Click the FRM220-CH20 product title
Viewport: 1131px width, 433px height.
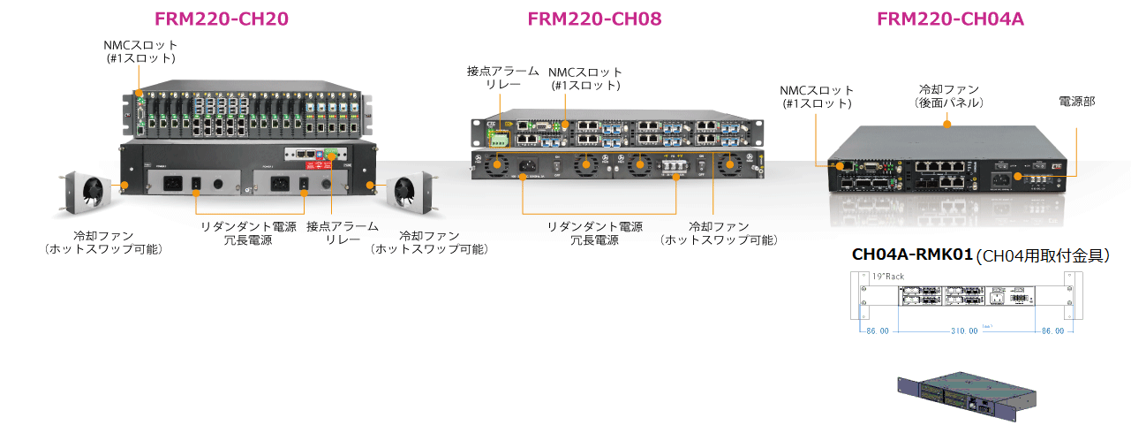222,19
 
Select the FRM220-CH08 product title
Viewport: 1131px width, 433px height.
594,19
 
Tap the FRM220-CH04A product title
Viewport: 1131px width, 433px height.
950,19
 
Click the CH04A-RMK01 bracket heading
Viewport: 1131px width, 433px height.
913,254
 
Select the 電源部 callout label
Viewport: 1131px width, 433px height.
1076,102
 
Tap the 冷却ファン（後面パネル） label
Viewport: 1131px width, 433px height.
948,96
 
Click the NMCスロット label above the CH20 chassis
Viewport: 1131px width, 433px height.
141,51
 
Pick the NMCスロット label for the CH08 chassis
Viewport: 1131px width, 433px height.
585,79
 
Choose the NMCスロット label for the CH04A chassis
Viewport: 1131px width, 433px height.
817,96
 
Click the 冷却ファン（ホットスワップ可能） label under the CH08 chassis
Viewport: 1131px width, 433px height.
720,233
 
